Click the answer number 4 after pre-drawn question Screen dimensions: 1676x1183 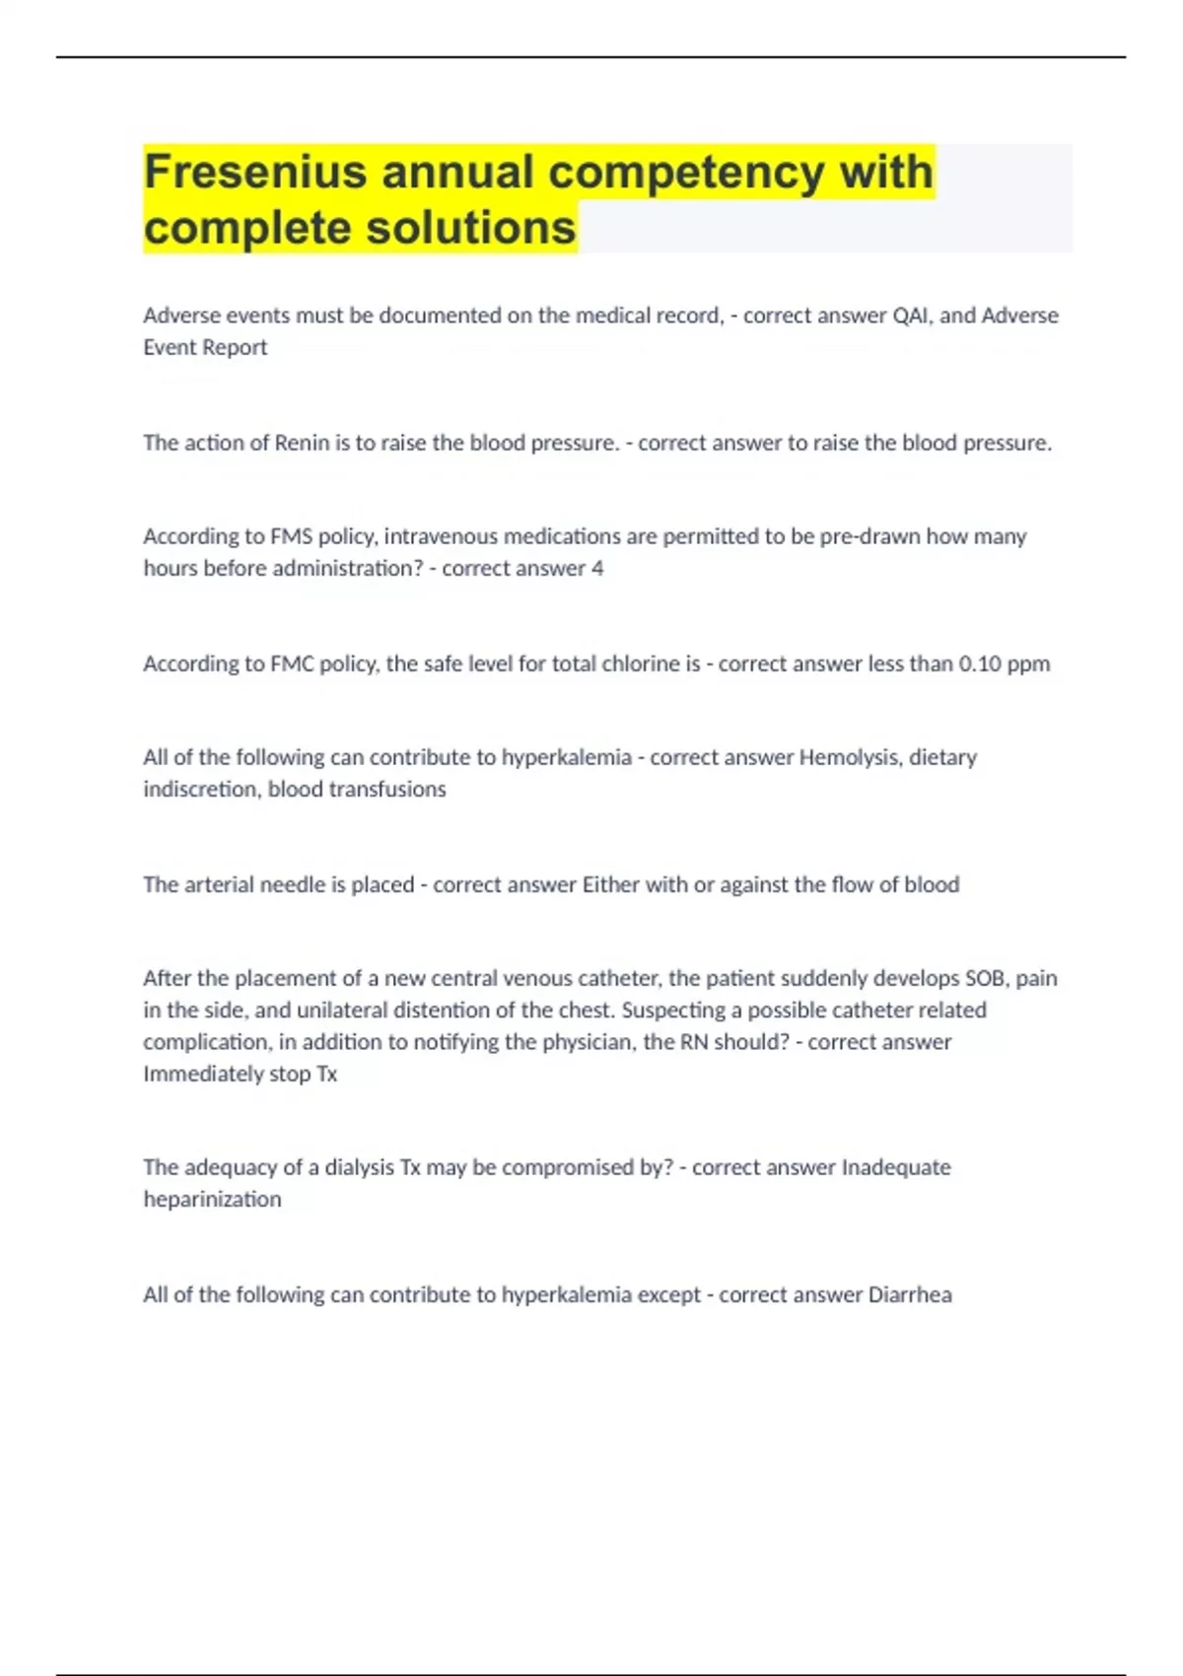pyautogui.click(x=597, y=568)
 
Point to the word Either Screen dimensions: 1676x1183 pyautogui.click(x=611, y=884)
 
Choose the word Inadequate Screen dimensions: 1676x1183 pyautogui.click(x=896, y=1167)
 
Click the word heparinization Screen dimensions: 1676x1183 pyautogui.click(x=212, y=1199)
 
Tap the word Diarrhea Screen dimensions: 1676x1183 pyautogui.click(x=910, y=1294)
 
